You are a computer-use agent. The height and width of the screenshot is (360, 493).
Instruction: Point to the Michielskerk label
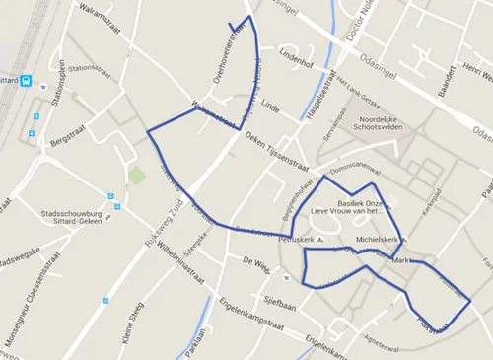[x=377, y=239]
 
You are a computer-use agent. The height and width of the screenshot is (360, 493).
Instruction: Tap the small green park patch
[x=136, y=177]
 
